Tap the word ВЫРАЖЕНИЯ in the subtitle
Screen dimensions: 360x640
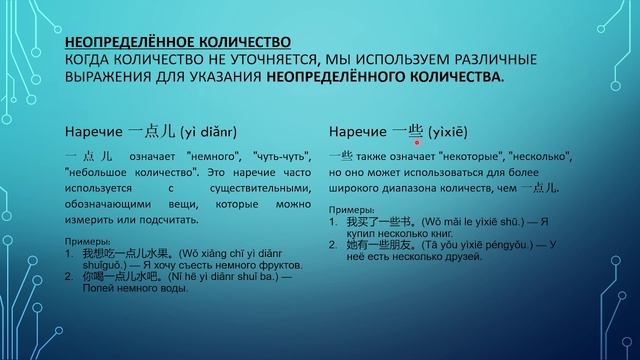point(111,76)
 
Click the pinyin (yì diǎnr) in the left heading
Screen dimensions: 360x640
point(214,131)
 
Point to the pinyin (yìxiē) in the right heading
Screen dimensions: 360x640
point(448,131)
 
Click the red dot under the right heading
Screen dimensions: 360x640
point(417,143)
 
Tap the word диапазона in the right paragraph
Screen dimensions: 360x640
point(429,188)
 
